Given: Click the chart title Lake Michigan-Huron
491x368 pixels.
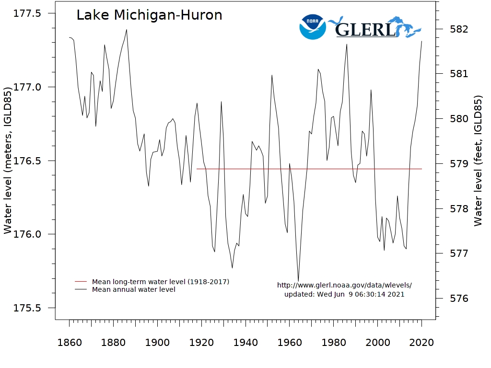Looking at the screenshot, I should click(x=149, y=15).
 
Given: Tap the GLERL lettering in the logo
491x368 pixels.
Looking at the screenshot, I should click(x=365, y=30).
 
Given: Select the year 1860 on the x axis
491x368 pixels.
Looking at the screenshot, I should click(x=70, y=343).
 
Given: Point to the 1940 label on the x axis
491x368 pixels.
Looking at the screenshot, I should click(x=245, y=343).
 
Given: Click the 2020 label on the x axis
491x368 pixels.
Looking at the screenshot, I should click(x=422, y=343).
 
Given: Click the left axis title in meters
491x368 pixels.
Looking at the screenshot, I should click(x=8, y=160).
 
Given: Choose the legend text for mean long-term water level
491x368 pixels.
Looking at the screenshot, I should click(x=161, y=282).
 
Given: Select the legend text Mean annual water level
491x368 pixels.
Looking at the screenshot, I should click(x=134, y=289).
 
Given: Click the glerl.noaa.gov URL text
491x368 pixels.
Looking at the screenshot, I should click(x=344, y=285).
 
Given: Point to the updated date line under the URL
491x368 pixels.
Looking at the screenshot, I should click(x=344, y=294).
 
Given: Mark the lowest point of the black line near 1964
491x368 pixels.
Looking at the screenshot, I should click(x=298, y=281).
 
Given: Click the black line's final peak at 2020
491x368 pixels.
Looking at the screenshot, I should click(x=422, y=41).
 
